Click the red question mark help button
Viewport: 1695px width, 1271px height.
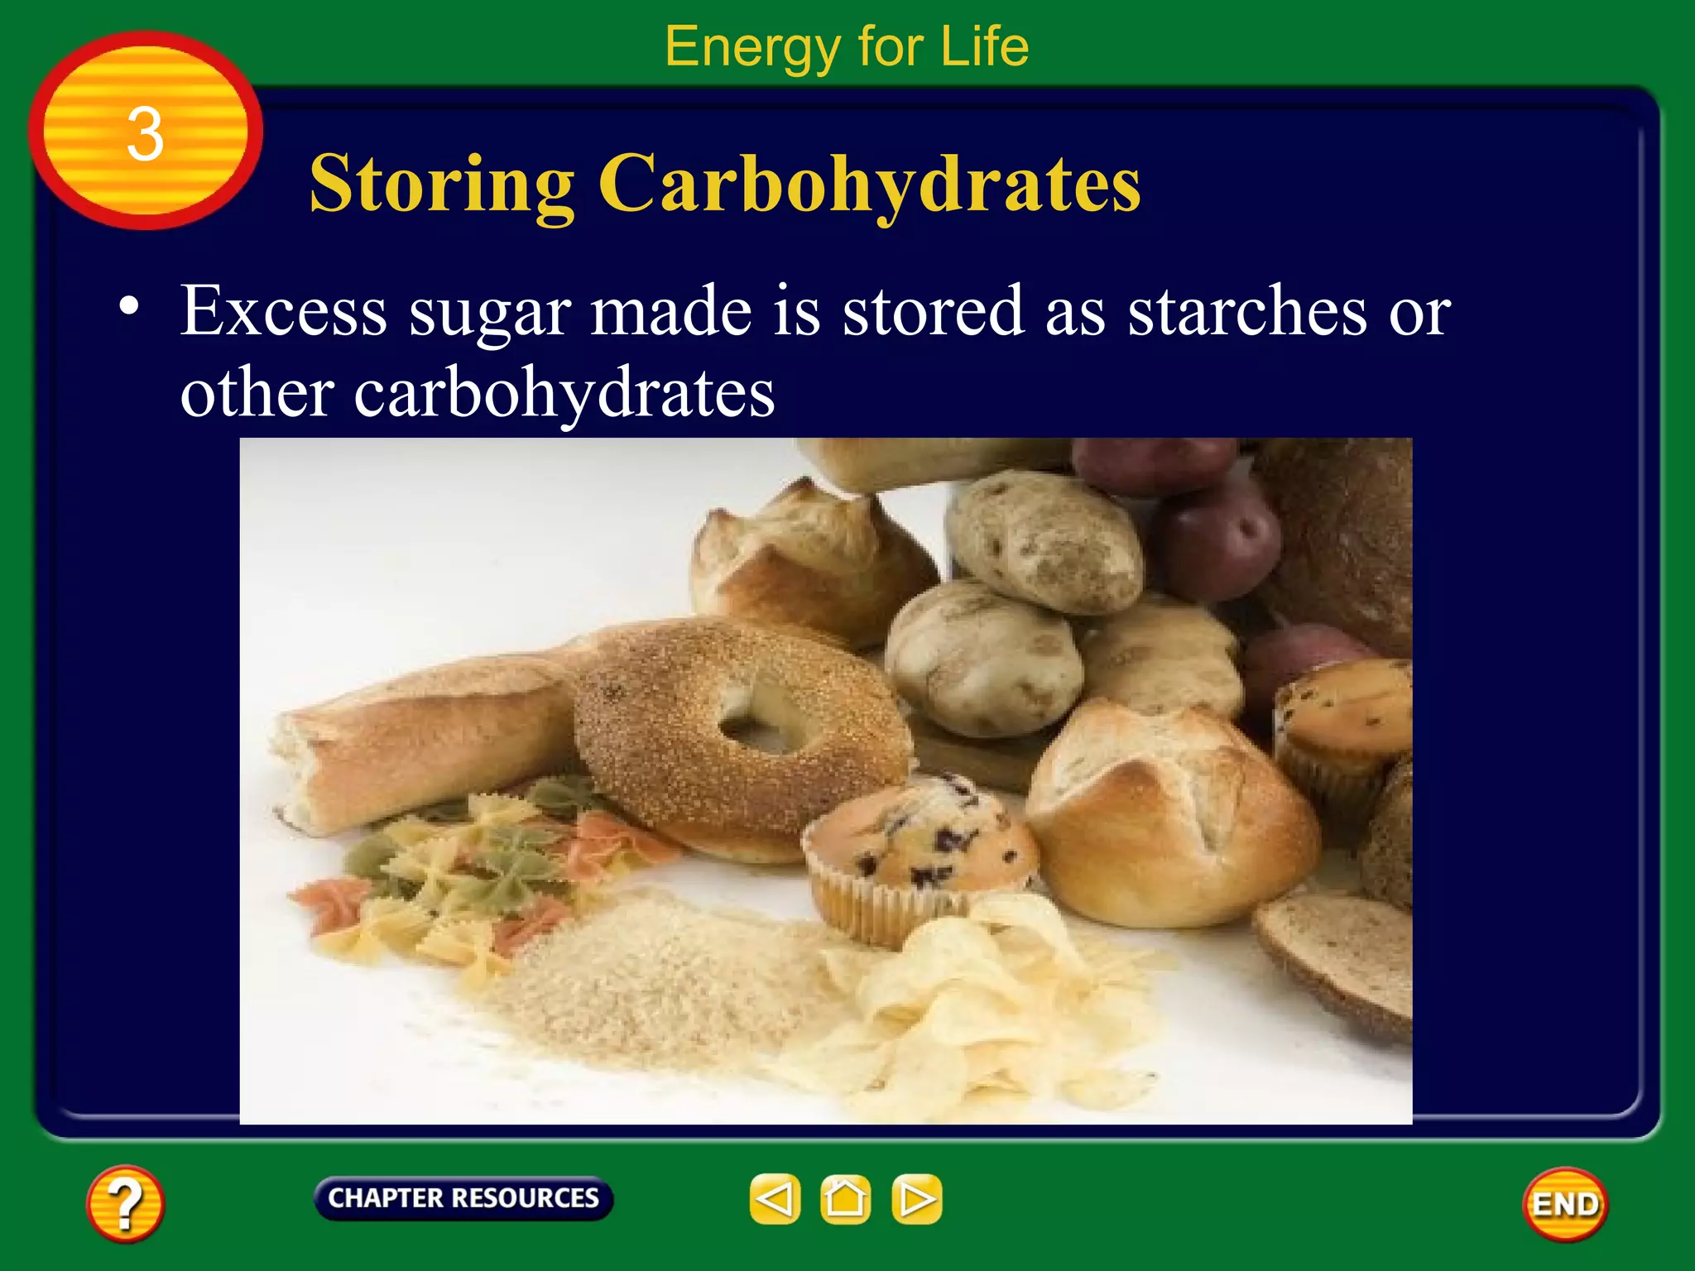pos(125,1203)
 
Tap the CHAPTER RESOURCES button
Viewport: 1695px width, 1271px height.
pos(463,1198)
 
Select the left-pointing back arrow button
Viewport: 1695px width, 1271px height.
pos(775,1199)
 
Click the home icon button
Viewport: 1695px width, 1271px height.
pos(845,1199)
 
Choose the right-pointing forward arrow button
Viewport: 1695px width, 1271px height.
pos(916,1199)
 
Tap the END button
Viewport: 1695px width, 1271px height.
pos(1565,1204)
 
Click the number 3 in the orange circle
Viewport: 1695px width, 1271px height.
pos(145,134)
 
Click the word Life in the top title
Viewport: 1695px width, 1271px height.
pos(984,46)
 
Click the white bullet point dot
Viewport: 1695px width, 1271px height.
pos(128,306)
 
